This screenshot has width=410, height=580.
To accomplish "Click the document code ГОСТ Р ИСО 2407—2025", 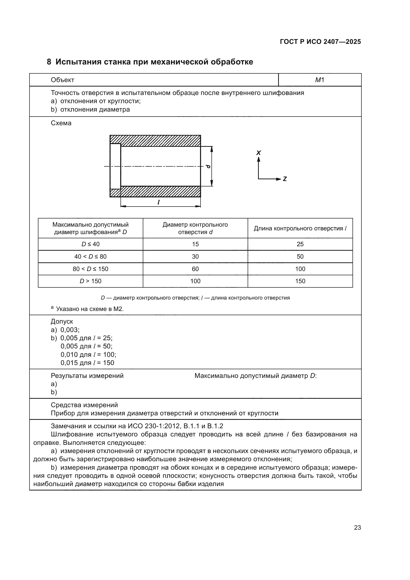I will tap(320, 42).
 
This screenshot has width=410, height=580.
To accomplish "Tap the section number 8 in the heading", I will tap(49, 62).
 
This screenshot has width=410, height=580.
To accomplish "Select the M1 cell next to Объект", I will tap(319, 80).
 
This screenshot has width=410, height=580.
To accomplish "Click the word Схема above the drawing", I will tap(61, 123).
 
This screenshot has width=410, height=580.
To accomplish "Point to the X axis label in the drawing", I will tap(259, 153).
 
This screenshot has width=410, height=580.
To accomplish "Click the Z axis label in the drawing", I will tap(285, 179).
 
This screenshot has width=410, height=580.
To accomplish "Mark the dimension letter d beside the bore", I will tap(208, 166).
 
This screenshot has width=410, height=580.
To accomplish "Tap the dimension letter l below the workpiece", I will tap(158, 202).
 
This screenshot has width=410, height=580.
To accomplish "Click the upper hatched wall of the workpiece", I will tap(155, 141).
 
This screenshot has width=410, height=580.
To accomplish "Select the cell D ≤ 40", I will tap(90, 244).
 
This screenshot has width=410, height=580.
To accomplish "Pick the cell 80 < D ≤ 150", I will tap(90, 269).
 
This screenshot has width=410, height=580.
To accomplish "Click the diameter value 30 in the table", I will tap(195, 256).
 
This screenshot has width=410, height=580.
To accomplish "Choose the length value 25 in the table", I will tap(300, 244).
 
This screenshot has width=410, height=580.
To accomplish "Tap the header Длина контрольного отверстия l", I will tap(300, 228).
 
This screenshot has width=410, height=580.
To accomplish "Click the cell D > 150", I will tap(90, 281).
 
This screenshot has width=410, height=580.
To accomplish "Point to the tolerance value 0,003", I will tap(70, 330).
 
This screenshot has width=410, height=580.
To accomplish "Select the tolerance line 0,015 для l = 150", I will tap(87, 363).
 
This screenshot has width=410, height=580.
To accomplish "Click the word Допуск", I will tap(62, 321).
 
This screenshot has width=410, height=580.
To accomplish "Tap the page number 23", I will tap(357, 527).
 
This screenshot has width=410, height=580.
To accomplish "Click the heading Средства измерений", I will tap(84, 405).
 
